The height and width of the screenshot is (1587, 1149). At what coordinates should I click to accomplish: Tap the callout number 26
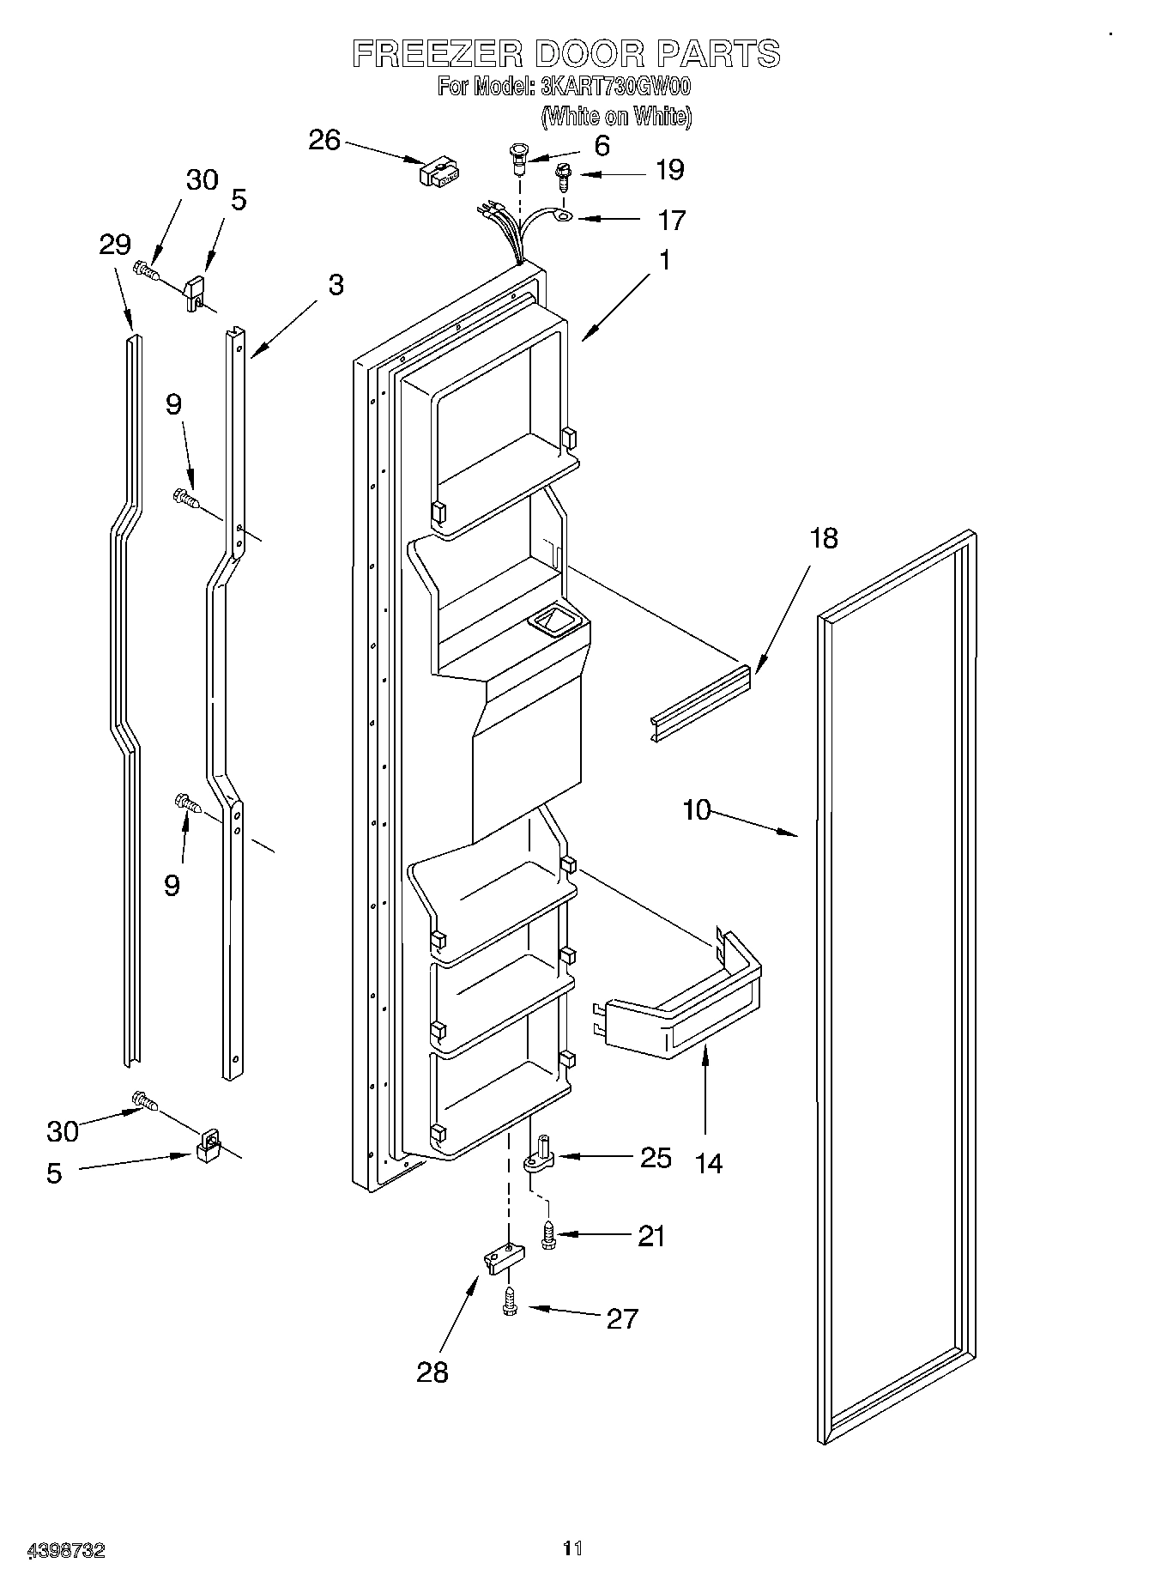tap(324, 141)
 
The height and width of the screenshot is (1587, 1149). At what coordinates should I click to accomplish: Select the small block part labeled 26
tap(438, 172)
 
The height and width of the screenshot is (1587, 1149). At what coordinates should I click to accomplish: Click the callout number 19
tap(669, 170)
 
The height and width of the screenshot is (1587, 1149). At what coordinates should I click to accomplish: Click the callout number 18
tap(824, 539)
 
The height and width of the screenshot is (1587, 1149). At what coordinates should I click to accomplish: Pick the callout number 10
tap(698, 809)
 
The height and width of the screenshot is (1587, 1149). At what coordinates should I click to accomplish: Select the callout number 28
tap(432, 1372)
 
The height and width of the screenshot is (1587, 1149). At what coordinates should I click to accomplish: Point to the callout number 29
tap(115, 245)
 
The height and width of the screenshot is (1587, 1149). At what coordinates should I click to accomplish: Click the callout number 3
tap(336, 285)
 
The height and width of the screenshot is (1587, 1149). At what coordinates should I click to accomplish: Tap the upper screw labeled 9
tap(186, 497)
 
